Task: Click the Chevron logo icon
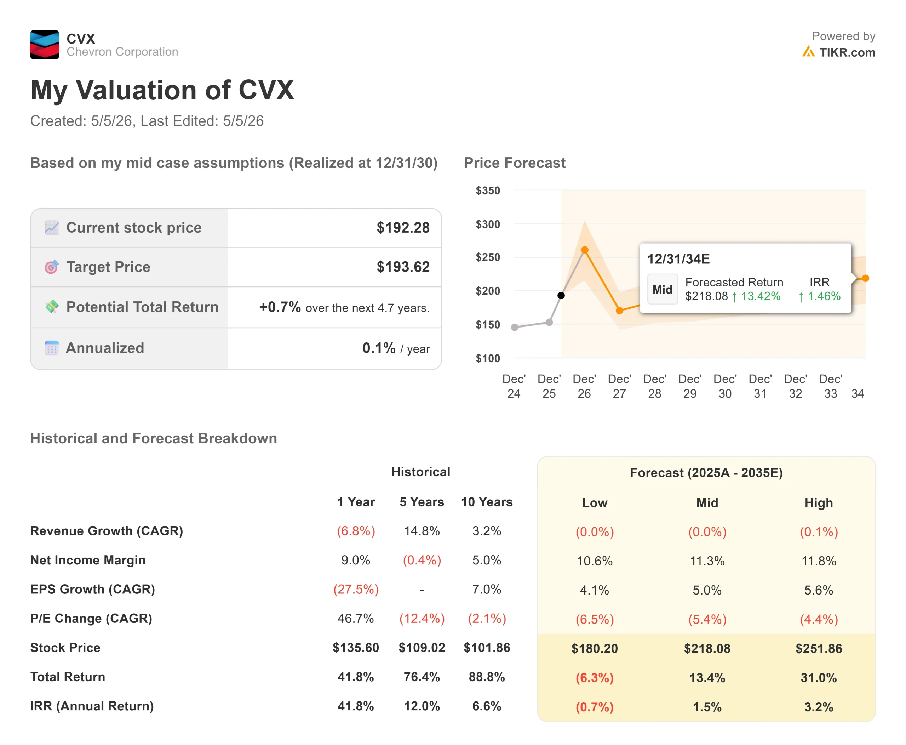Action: (45, 45)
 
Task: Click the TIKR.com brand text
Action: (847, 52)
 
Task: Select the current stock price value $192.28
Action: (403, 227)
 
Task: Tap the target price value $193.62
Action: (403, 267)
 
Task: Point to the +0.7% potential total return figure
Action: (280, 307)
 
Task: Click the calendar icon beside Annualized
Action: (51, 348)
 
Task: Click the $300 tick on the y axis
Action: (488, 224)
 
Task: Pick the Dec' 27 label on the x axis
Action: (619, 386)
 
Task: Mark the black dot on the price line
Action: (561, 295)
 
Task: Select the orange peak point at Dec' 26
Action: (584, 250)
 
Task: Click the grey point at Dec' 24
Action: (514, 328)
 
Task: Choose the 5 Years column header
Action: (422, 502)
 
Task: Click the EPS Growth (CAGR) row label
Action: (93, 589)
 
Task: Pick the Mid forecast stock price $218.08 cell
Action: (707, 648)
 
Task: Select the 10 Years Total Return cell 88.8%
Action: (487, 677)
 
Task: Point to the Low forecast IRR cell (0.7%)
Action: (595, 707)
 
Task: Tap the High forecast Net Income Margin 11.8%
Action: (819, 561)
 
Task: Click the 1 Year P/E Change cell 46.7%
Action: (356, 618)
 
